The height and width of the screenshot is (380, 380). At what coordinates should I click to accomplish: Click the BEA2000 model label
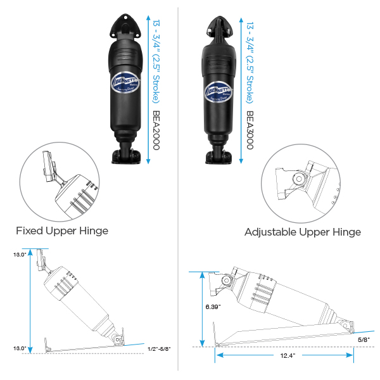[x=156, y=130]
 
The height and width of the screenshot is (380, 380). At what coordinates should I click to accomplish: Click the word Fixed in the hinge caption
[x=29, y=231]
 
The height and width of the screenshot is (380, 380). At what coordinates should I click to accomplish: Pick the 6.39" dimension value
[x=213, y=307]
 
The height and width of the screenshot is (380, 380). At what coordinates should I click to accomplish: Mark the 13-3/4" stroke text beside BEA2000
[x=156, y=60]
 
